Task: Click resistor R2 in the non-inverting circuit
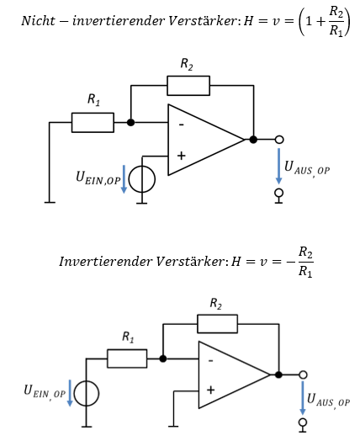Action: tap(188, 86)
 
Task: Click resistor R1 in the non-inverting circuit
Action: tap(93, 123)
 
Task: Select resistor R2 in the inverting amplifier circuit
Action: tap(217, 324)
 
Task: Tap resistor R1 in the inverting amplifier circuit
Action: tap(127, 358)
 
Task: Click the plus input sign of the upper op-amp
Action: tap(181, 156)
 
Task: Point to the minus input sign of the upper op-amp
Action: tap(181, 125)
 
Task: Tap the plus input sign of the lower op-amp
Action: tap(210, 390)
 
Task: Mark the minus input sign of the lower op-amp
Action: tap(211, 361)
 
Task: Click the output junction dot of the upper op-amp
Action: tap(253, 140)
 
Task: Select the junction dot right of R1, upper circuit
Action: tap(131, 123)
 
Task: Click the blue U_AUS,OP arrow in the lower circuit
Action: tap(303, 398)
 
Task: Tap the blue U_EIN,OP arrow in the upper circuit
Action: tap(124, 179)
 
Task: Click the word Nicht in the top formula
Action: tap(38, 21)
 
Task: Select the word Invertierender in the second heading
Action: tap(105, 262)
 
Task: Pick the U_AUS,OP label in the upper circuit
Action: tap(307, 169)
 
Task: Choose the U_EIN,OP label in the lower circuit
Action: tap(45, 392)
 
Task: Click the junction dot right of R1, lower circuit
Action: tap(163, 358)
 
